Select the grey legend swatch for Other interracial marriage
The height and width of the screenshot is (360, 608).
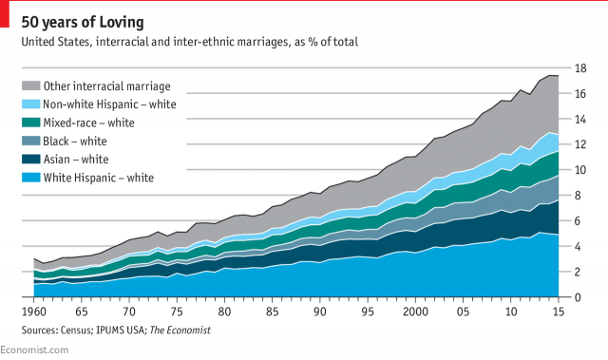(29, 86)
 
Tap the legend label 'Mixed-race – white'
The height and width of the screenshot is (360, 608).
(89, 123)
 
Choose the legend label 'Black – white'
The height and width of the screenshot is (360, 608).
(76, 141)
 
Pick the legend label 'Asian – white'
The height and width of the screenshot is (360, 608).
(76, 159)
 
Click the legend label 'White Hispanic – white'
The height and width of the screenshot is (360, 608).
(99, 177)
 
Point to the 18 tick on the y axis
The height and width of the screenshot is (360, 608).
(578, 68)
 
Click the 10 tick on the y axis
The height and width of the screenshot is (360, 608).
(578, 170)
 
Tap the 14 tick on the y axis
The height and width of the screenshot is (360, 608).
(578, 120)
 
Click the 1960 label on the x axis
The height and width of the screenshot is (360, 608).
(35, 312)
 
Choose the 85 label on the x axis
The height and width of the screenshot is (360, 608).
(273, 312)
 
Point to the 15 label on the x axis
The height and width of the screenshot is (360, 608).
(558, 312)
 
